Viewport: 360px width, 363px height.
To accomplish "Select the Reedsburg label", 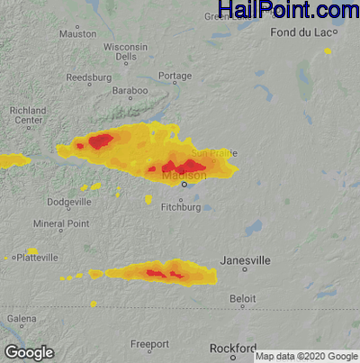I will click(x=88, y=77).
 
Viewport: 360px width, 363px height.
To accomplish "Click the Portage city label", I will click(x=175, y=77).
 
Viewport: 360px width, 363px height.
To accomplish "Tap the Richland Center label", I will click(x=27, y=115).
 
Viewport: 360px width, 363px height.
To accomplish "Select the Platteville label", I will click(x=34, y=258).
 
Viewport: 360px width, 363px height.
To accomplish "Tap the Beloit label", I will click(x=243, y=296).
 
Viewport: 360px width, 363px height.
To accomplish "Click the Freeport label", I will click(x=149, y=344).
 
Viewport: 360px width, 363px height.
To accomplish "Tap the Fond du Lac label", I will click(x=303, y=32).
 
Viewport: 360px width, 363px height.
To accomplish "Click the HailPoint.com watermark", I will click(x=288, y=11).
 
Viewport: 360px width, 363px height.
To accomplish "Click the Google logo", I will click(x=29, y=352).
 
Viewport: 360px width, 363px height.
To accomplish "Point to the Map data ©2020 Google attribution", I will click(x=306, y=357).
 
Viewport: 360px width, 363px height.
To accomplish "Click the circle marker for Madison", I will click(x=184, y=185).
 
